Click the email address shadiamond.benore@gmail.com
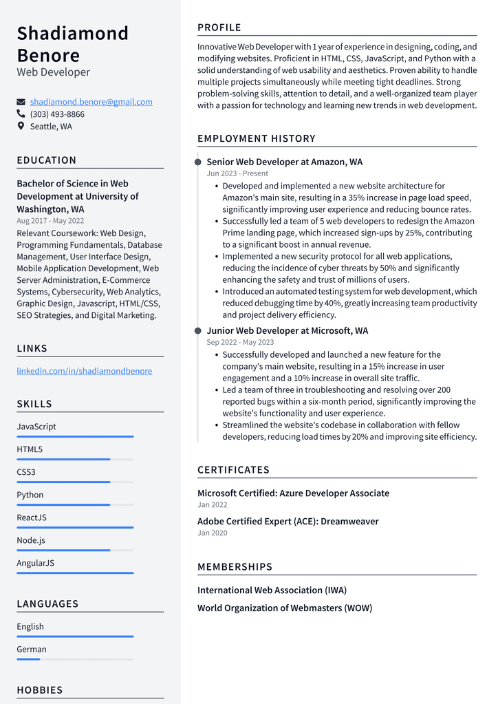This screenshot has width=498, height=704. (91, 102)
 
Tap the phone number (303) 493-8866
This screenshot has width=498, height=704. (57, 114)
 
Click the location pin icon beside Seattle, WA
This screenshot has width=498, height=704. (21, 127)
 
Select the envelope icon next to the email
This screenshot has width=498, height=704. (21, 102)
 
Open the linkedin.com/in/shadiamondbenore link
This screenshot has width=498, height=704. (84, 371)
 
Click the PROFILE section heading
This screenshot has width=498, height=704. (219, 28)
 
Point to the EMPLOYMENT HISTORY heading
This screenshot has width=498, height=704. (256, 138)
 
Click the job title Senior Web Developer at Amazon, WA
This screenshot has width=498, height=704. (284, 162)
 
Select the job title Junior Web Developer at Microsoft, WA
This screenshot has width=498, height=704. (287, 330)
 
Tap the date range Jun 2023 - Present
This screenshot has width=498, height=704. (237, 174)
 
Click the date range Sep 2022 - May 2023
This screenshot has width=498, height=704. (240, 342)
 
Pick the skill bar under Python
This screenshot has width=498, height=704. (75, 504)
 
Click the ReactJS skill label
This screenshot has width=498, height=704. (32, 518)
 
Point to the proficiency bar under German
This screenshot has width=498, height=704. (75, 659)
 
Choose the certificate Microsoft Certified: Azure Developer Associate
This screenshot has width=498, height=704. (293, 493)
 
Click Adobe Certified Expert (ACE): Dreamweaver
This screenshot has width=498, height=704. (288, 522)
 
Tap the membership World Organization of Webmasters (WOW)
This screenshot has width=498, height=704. (284, 608)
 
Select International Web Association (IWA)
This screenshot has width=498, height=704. (272, 590)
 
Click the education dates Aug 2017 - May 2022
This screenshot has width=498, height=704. (50, 221)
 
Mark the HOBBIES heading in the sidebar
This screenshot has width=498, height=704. (39, 690)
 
